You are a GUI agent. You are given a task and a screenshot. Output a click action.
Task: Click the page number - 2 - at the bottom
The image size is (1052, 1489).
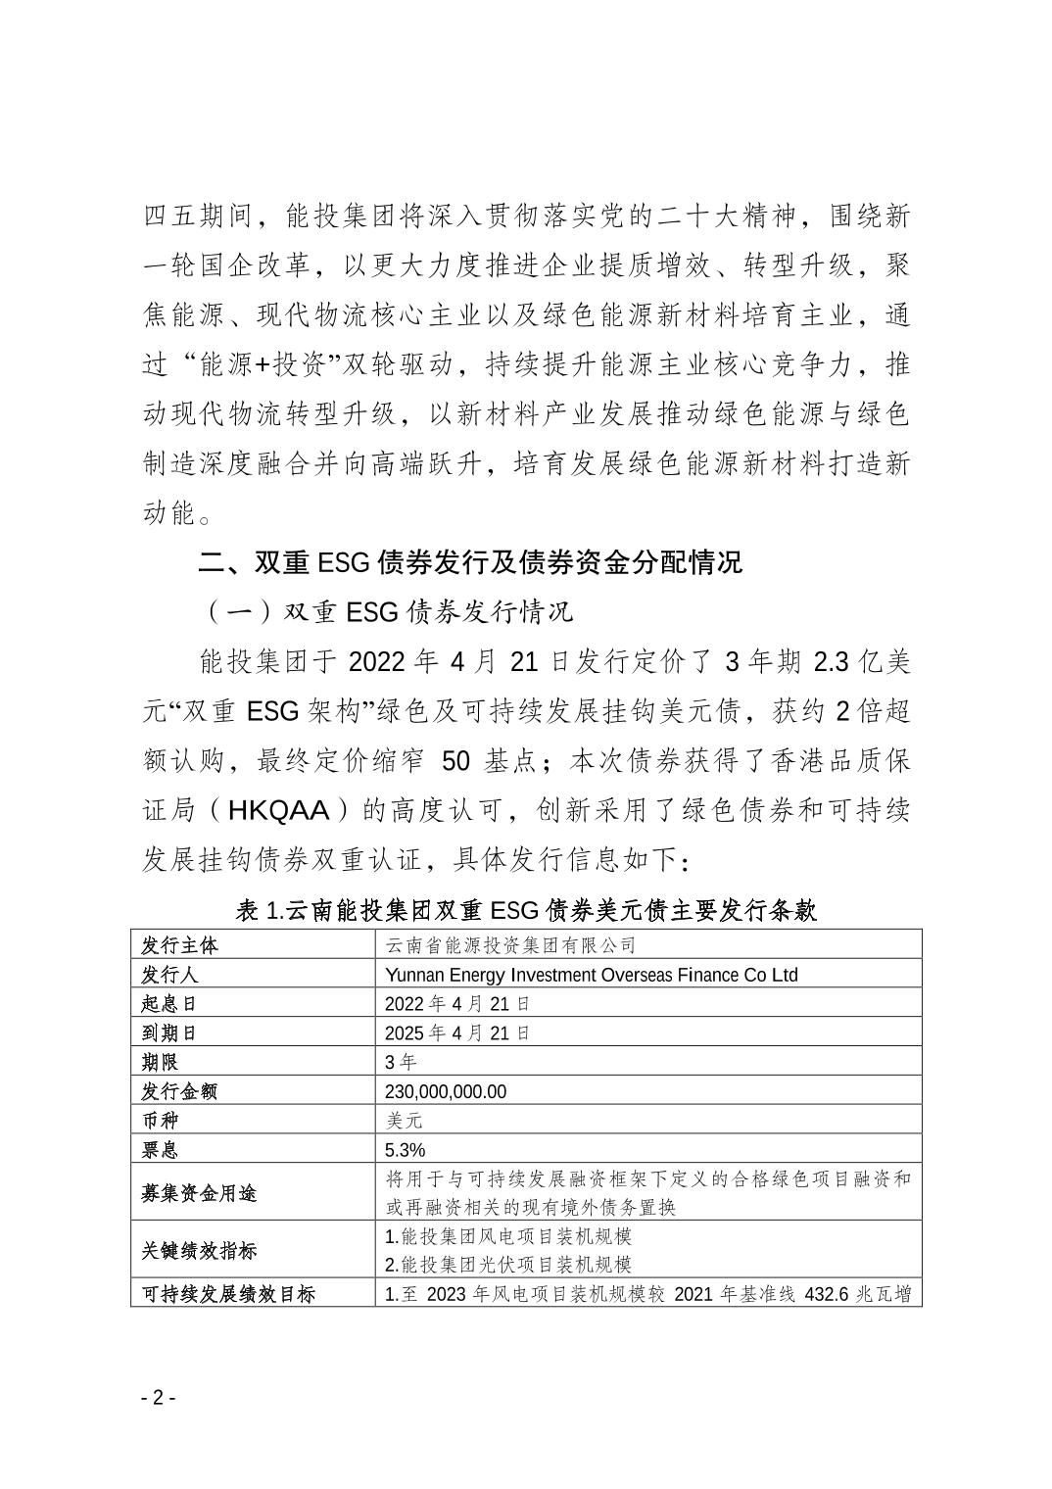(157, 1397)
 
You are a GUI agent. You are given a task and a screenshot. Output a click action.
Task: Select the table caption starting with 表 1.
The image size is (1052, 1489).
(526, 910)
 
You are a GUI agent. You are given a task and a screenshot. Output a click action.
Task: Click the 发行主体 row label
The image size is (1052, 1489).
(180, 945)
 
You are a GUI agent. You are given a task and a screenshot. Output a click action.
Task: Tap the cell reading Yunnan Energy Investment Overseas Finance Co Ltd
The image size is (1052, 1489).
(591, 975)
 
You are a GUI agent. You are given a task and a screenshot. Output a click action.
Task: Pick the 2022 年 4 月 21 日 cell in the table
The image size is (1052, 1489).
(457, 1003)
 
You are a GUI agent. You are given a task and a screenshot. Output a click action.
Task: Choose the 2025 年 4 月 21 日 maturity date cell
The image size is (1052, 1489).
(457, 1033)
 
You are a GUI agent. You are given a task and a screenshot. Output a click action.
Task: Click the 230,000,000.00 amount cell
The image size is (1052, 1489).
(446, 1091)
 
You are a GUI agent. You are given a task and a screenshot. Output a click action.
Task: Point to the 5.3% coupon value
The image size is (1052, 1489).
(406, 1150)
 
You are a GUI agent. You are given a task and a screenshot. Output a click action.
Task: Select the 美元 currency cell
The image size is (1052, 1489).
(404, 1121)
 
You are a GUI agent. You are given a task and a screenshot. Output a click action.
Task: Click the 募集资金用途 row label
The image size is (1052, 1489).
(199, 1193)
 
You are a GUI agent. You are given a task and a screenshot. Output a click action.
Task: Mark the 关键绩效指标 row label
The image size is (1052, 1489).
(199, 1251)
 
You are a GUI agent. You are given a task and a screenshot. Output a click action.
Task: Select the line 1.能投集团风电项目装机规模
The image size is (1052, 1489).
(507, 1236)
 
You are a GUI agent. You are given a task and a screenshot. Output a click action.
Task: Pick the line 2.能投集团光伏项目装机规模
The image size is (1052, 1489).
(507, 1265)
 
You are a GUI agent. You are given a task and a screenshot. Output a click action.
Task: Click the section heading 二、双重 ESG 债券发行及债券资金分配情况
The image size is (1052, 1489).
(470, 562)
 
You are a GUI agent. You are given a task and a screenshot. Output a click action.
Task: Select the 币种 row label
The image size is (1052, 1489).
(161, 1121)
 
